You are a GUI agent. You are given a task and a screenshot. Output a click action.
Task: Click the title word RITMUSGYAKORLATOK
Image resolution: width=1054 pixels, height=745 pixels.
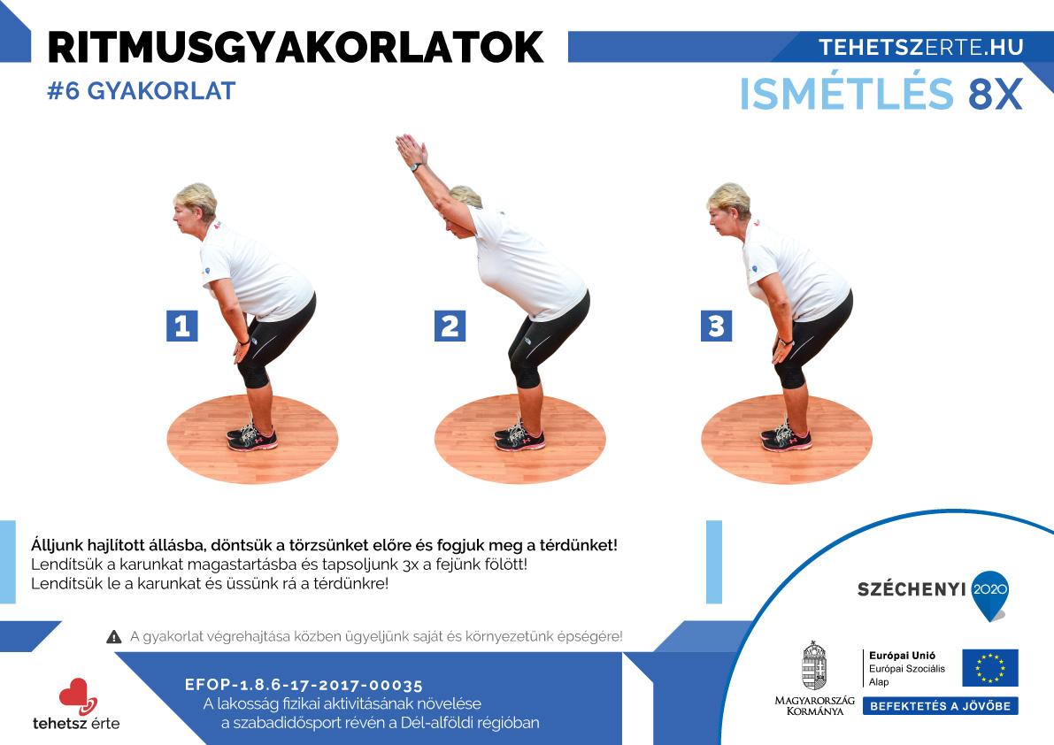pyautogui.click(x=295, y=47)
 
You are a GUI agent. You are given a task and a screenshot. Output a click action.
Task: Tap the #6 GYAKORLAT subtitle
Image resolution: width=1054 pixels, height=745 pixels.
pyautogui.click(x=142, y=90)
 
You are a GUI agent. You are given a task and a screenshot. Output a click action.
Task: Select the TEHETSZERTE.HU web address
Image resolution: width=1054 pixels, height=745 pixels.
pyautogui.click(x=921, y=47)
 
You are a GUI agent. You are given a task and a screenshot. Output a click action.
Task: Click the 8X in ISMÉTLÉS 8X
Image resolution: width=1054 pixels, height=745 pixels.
pyautogui.click(x=995, y=94)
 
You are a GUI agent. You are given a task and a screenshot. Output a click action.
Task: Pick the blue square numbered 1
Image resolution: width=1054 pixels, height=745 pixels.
pyautogui.click(x=182, y=326)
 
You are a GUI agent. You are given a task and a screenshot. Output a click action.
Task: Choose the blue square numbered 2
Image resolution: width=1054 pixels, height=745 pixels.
pyautogui.click(x=450, y=326)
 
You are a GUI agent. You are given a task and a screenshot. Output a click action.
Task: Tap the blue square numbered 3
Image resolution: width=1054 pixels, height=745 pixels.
pyautogui.click(x=717, y=326)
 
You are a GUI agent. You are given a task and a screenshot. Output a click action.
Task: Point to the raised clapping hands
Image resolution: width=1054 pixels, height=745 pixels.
pyautogui.click(x=411, y=150)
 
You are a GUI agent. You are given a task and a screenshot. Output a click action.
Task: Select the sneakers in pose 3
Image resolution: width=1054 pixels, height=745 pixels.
pyautogui.click(x=786, y=437)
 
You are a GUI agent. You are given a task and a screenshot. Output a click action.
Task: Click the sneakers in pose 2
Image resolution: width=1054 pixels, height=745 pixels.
pyautogui.click(x=519, y=437)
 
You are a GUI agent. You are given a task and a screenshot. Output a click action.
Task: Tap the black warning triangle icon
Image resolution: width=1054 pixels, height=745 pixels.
pyautogui.click(x=113, y=637)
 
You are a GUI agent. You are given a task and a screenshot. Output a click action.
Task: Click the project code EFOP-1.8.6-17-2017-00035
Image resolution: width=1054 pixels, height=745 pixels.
pyautogui.click(x=304, y=685)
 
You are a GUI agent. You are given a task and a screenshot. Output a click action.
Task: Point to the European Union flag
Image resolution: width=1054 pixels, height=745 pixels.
pyautogui.click(x=990, y=668)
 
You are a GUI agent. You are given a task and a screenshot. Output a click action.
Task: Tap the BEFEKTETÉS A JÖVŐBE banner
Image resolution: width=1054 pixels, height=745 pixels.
pyautogui.click(x=941, y=706)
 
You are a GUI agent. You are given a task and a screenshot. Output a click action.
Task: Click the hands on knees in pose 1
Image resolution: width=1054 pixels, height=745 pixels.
pyautogui.click(x=242, y=350)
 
